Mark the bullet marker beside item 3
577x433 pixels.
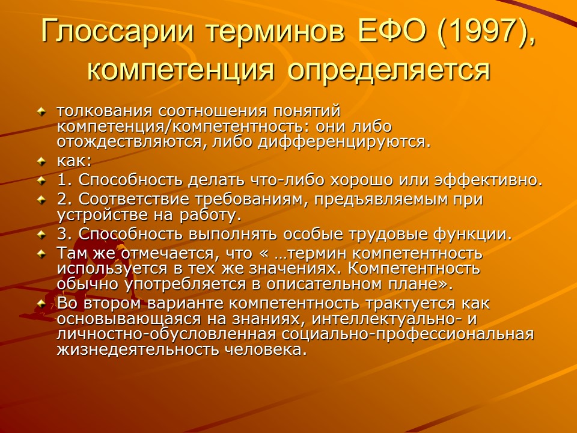[41, 233]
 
